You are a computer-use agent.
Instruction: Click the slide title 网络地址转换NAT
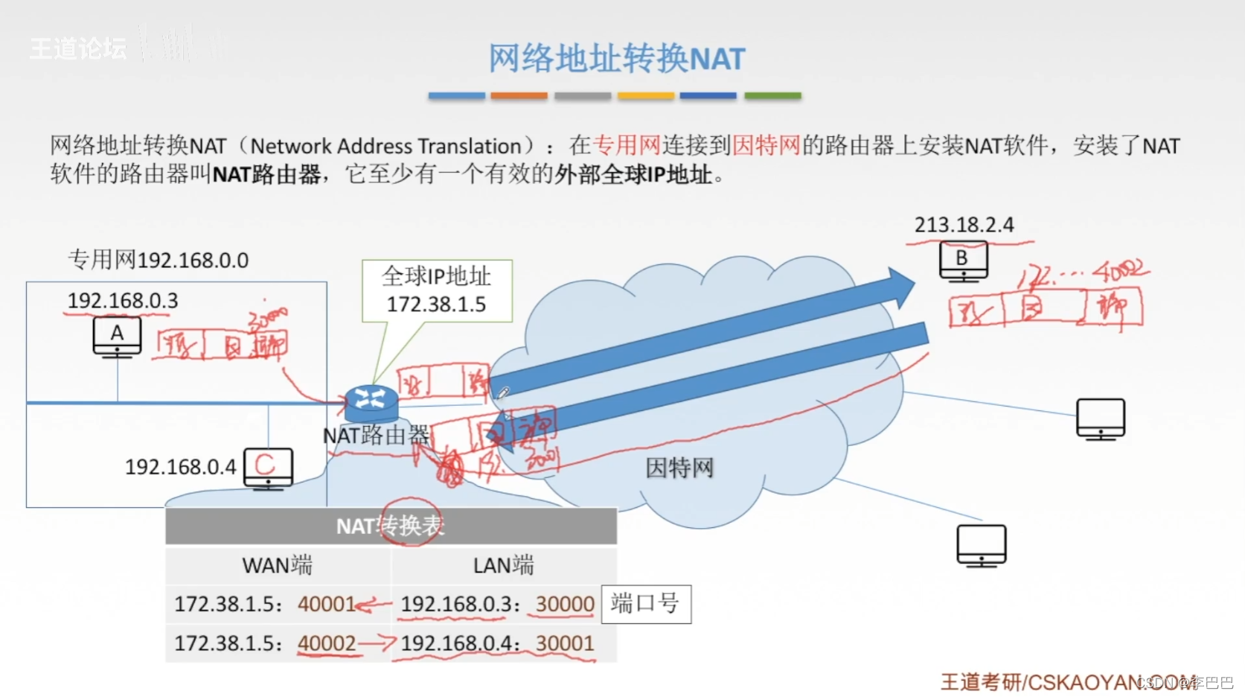[x=616, y=59]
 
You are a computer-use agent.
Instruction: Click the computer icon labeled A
[x=117, y=336]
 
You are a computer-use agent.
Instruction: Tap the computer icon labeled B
[x=963, y=261]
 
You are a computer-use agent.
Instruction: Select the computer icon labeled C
[x=268, y=468]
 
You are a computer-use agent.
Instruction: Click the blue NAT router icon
[x=371, y=402]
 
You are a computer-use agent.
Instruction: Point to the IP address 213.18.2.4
[x=964, y=225]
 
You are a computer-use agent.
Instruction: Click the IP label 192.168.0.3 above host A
[x=123, y=301]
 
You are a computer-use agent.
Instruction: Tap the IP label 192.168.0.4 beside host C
[x=180, y=467]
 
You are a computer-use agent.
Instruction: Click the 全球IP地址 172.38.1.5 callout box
[x=437, y=290]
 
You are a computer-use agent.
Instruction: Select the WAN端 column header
[x=277, y=565]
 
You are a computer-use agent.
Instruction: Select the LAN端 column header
[x=503, y=565]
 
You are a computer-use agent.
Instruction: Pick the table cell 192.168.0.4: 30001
[x=497, y=643]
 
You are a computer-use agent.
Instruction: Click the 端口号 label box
[x=645, y=603]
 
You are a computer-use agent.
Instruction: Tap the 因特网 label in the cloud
[x=679, y=468]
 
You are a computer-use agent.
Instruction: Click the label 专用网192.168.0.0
[x=158, y=260]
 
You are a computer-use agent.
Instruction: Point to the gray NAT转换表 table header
[x=391, y=526]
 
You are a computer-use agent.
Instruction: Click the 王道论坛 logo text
[x=78, y=49]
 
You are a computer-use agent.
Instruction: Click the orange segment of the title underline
[x=519, y=96]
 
